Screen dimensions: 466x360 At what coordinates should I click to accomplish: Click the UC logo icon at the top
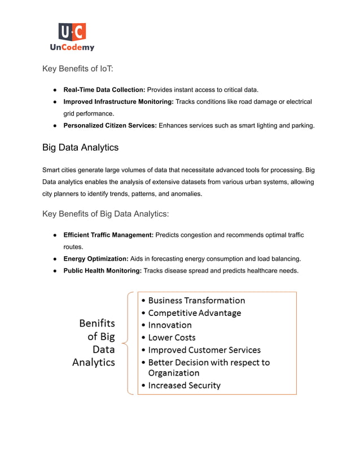tap(72, 32)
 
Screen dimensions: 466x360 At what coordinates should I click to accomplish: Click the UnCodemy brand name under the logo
tap(72, 47)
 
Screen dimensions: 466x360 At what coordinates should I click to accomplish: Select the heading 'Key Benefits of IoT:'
tap(78, 69)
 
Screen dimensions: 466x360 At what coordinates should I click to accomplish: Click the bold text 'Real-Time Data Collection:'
tap(104, 90)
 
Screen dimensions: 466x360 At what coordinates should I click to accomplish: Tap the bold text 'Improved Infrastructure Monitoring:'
tap(118, 102)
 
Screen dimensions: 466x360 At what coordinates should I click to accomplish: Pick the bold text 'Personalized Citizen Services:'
tap(110, 125)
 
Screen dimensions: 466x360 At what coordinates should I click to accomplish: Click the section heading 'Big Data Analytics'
tap(80, 148)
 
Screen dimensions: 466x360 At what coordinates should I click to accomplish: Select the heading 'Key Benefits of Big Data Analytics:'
tap(106, 214)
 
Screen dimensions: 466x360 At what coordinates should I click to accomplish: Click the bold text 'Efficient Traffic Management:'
tap(108, 235)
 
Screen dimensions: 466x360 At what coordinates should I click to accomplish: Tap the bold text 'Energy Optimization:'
tap(95, 258)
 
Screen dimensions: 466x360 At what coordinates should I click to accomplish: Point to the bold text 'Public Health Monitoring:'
tap(102, 271)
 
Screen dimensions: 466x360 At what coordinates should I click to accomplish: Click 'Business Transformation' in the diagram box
tap(196, 301)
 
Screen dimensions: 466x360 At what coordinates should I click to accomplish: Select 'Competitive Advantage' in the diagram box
tap(194, 313)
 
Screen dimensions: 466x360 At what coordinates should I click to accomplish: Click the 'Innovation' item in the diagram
tap(169, 326)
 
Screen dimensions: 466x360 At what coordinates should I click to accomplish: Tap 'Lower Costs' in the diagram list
tap(172, 338)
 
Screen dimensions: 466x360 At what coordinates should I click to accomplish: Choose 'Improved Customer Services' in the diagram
tap(204, 350)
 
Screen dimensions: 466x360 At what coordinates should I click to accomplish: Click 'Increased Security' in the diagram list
tap(184, 386)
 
